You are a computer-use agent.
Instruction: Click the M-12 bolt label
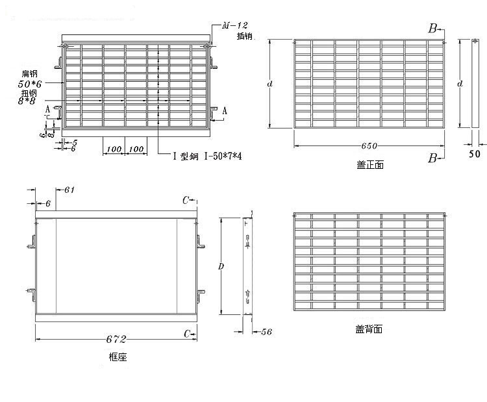click(234, 26)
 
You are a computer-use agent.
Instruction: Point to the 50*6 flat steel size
click(31, 84)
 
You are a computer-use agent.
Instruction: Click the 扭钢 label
click(28, 93)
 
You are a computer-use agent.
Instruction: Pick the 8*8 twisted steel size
click(28, 101)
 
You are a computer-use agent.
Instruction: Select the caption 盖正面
click(370, 165)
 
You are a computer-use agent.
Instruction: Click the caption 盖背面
click(369, 329)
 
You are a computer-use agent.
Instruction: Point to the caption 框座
click(117, 357)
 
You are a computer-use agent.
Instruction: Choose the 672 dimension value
click(116, 339)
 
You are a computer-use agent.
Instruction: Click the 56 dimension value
click(266, 332)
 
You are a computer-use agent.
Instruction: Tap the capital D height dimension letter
click(221, 267)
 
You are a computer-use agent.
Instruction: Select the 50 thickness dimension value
click(474, 154)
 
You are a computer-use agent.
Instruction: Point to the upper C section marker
click(186, 199)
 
